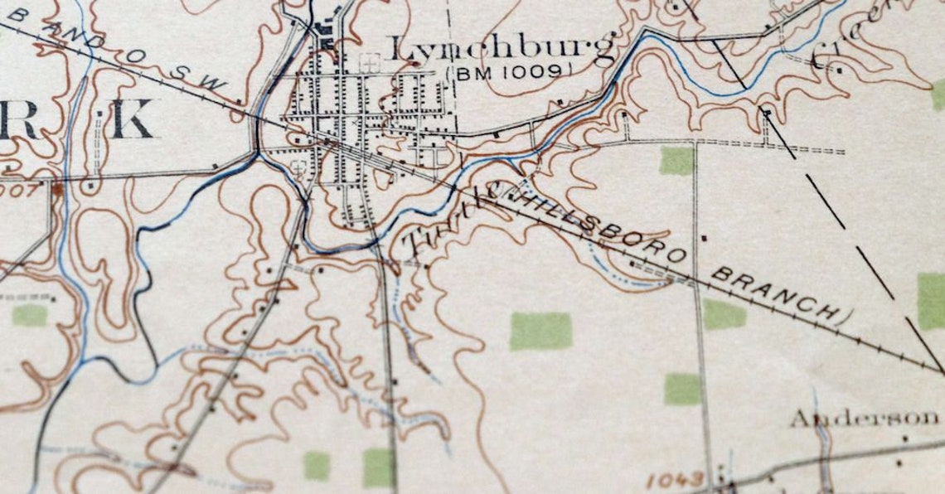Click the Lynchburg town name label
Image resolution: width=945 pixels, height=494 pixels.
pyautogui.click(x=502, y=49)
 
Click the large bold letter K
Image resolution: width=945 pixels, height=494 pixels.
pyautogui.click(x=133, y=121)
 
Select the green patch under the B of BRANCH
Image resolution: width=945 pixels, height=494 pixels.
pyautogui.click(x=724, y=314)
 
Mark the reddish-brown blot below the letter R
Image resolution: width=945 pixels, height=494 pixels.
pyautogui.click(x=57, y=189)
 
